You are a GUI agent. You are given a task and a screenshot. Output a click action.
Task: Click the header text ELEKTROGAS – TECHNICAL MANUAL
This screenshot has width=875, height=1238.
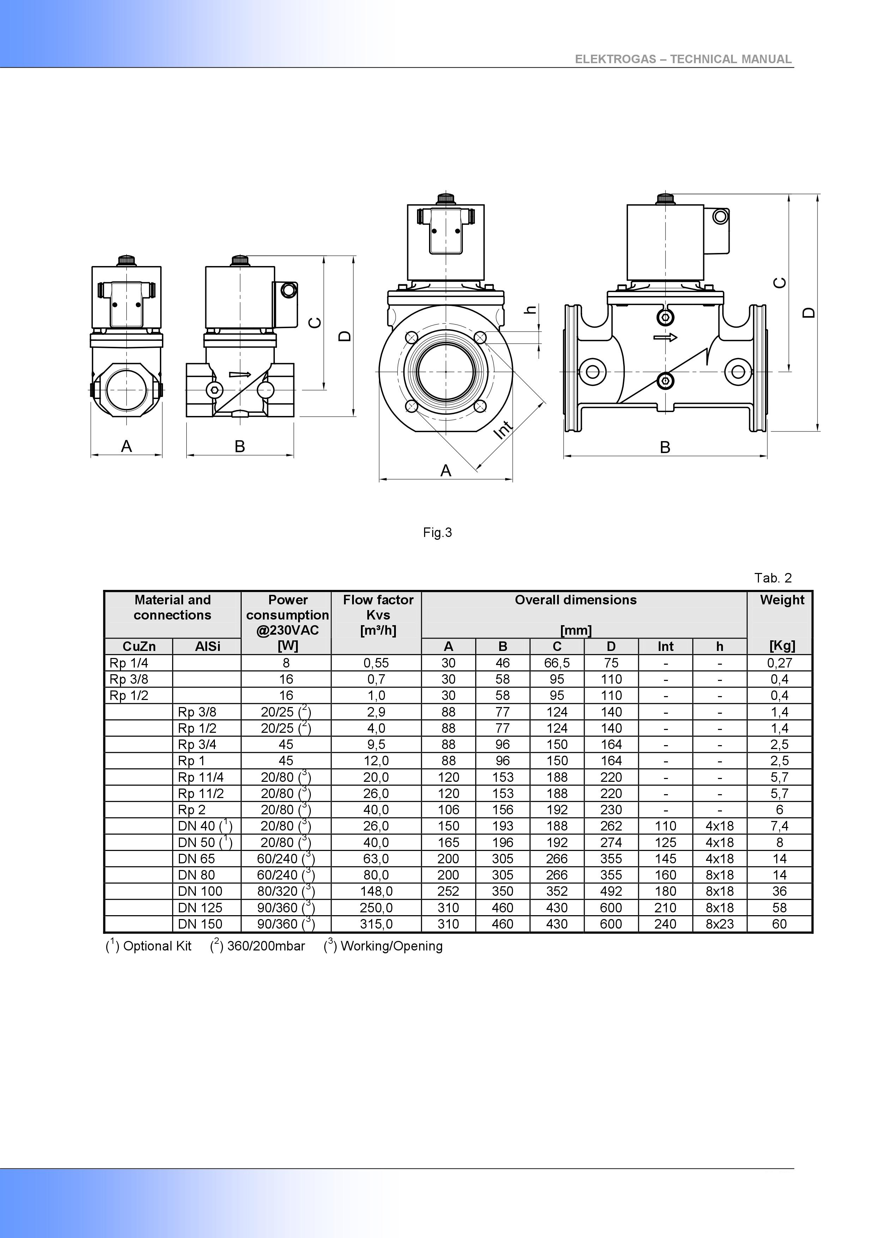[683, 59]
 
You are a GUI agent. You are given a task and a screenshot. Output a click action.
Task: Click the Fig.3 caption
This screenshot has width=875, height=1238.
[437, 533]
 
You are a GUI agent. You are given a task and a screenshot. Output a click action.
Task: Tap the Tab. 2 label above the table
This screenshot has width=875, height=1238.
[773, 578]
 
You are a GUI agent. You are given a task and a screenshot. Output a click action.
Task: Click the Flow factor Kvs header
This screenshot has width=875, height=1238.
[378, 615]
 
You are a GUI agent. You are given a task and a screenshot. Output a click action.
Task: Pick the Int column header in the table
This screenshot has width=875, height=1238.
[665, 646]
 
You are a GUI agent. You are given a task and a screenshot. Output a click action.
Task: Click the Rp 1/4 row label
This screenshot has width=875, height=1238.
[129, 663]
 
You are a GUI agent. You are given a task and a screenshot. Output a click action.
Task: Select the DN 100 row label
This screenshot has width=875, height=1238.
[200, 891]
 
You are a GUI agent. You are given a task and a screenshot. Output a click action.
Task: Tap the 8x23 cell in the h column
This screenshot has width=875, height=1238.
[720, 924]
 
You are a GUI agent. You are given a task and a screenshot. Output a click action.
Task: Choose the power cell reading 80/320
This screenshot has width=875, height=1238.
[286, 891]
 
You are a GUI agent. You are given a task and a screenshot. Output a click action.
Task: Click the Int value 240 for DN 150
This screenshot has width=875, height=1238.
[665, 924]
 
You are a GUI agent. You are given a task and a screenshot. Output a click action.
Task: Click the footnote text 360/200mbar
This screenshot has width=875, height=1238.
[266, 946]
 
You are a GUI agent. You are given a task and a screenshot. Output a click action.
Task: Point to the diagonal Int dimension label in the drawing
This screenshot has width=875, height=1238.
[503, 429]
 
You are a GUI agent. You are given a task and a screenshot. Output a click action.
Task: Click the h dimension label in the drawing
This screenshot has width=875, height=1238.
[532, 309]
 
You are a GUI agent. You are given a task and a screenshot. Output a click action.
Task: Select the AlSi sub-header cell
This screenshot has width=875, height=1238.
[207, 646]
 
